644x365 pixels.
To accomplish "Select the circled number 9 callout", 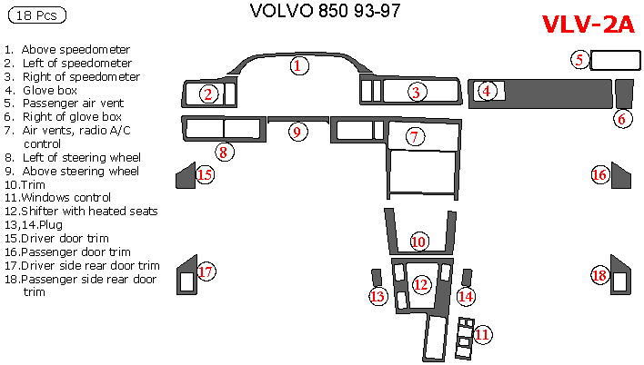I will click(296, 132).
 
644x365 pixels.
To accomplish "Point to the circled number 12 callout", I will click(420, 284).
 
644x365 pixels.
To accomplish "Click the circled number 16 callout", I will click(599, 175).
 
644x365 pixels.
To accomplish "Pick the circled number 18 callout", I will click(599, 275).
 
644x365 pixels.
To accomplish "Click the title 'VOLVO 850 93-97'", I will click(323, 12).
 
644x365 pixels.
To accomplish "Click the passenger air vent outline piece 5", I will click(616, 61).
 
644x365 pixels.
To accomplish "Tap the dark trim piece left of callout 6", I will click(623, 92).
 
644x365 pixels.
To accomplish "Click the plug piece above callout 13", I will click(377, 277).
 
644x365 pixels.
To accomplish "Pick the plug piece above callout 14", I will click(468, 277).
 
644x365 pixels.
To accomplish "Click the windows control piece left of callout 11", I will click(464, 336).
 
